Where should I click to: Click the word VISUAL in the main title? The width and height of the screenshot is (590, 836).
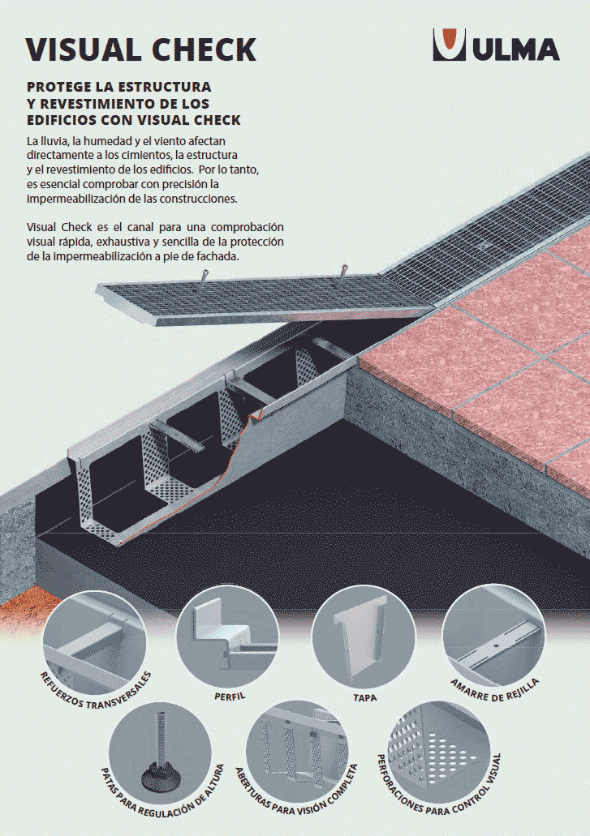tap(84, 49)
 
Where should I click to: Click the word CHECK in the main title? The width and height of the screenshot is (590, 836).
tap(205, 49)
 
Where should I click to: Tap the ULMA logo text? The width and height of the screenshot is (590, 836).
tap(515, 49)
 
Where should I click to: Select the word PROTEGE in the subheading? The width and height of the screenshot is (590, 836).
tap(60, 87)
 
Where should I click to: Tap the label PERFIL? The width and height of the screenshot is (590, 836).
tap(230, 697)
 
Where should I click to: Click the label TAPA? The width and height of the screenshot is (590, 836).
tap(365, 697)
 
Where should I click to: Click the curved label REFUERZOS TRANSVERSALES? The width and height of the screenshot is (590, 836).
tap(95, 690)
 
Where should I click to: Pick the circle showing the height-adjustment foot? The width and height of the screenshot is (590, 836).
tap(160, 752)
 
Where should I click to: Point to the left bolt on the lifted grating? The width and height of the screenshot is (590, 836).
tap(204, 277)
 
